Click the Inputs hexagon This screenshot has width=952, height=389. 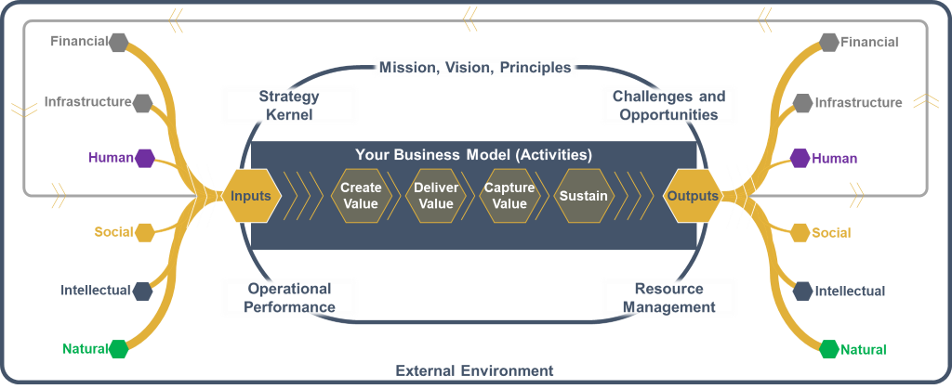[x=251, y=196]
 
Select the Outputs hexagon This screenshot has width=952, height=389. [x=693, y=196]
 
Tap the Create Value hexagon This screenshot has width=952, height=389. [x=361, y=196]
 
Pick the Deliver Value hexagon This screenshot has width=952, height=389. [x=436, y=196]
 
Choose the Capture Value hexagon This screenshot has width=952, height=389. [x=509, y=196]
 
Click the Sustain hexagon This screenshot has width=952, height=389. [x=584, y=196]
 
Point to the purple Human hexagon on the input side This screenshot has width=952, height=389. [x=144, y=158]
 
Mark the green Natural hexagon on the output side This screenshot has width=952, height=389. [x=828, y=350]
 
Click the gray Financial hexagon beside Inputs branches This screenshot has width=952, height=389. [x=118, y=43]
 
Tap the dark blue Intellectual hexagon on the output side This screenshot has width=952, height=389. [x=802, y=292]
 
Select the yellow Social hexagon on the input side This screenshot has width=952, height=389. [x=144, y=232]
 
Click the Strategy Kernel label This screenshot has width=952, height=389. [x=289, y=105]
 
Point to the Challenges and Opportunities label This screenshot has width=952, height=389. [x=669, y=105]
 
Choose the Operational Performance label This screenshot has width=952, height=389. [x=290, y=297]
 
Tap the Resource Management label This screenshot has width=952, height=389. [x=669, y=297]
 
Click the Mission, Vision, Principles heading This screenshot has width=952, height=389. [x=475, y=67]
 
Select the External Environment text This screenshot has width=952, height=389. [x=475, y=370]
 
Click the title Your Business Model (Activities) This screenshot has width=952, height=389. [x=473, y=154]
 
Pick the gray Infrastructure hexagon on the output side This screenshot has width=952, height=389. [x=802, y=103]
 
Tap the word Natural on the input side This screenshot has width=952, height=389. [x=86, y=349]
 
